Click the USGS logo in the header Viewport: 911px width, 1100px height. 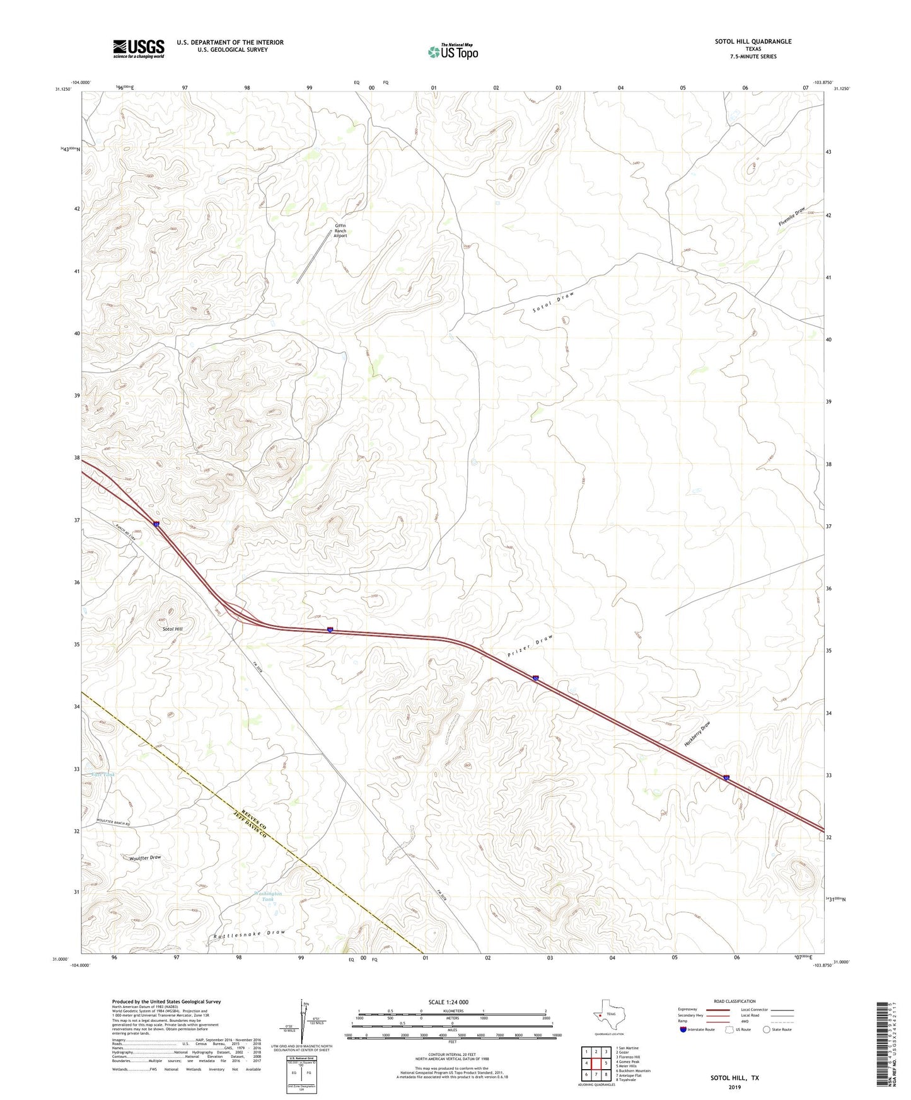point(139,49)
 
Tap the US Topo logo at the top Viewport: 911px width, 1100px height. point(453,51)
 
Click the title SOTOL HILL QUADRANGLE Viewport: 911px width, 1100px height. point(753,42)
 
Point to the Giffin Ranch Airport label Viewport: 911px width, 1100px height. point(340,231)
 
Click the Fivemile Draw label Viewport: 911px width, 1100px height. point(792,217)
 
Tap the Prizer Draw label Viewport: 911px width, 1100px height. point(530,646)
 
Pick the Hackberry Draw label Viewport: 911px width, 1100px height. point(697,734)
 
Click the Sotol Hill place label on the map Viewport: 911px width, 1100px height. point(173,629)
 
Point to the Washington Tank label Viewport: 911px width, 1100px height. point(268,897)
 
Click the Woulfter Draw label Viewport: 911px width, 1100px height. point(145,858)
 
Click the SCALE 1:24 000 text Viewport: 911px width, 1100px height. point(448,1002)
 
